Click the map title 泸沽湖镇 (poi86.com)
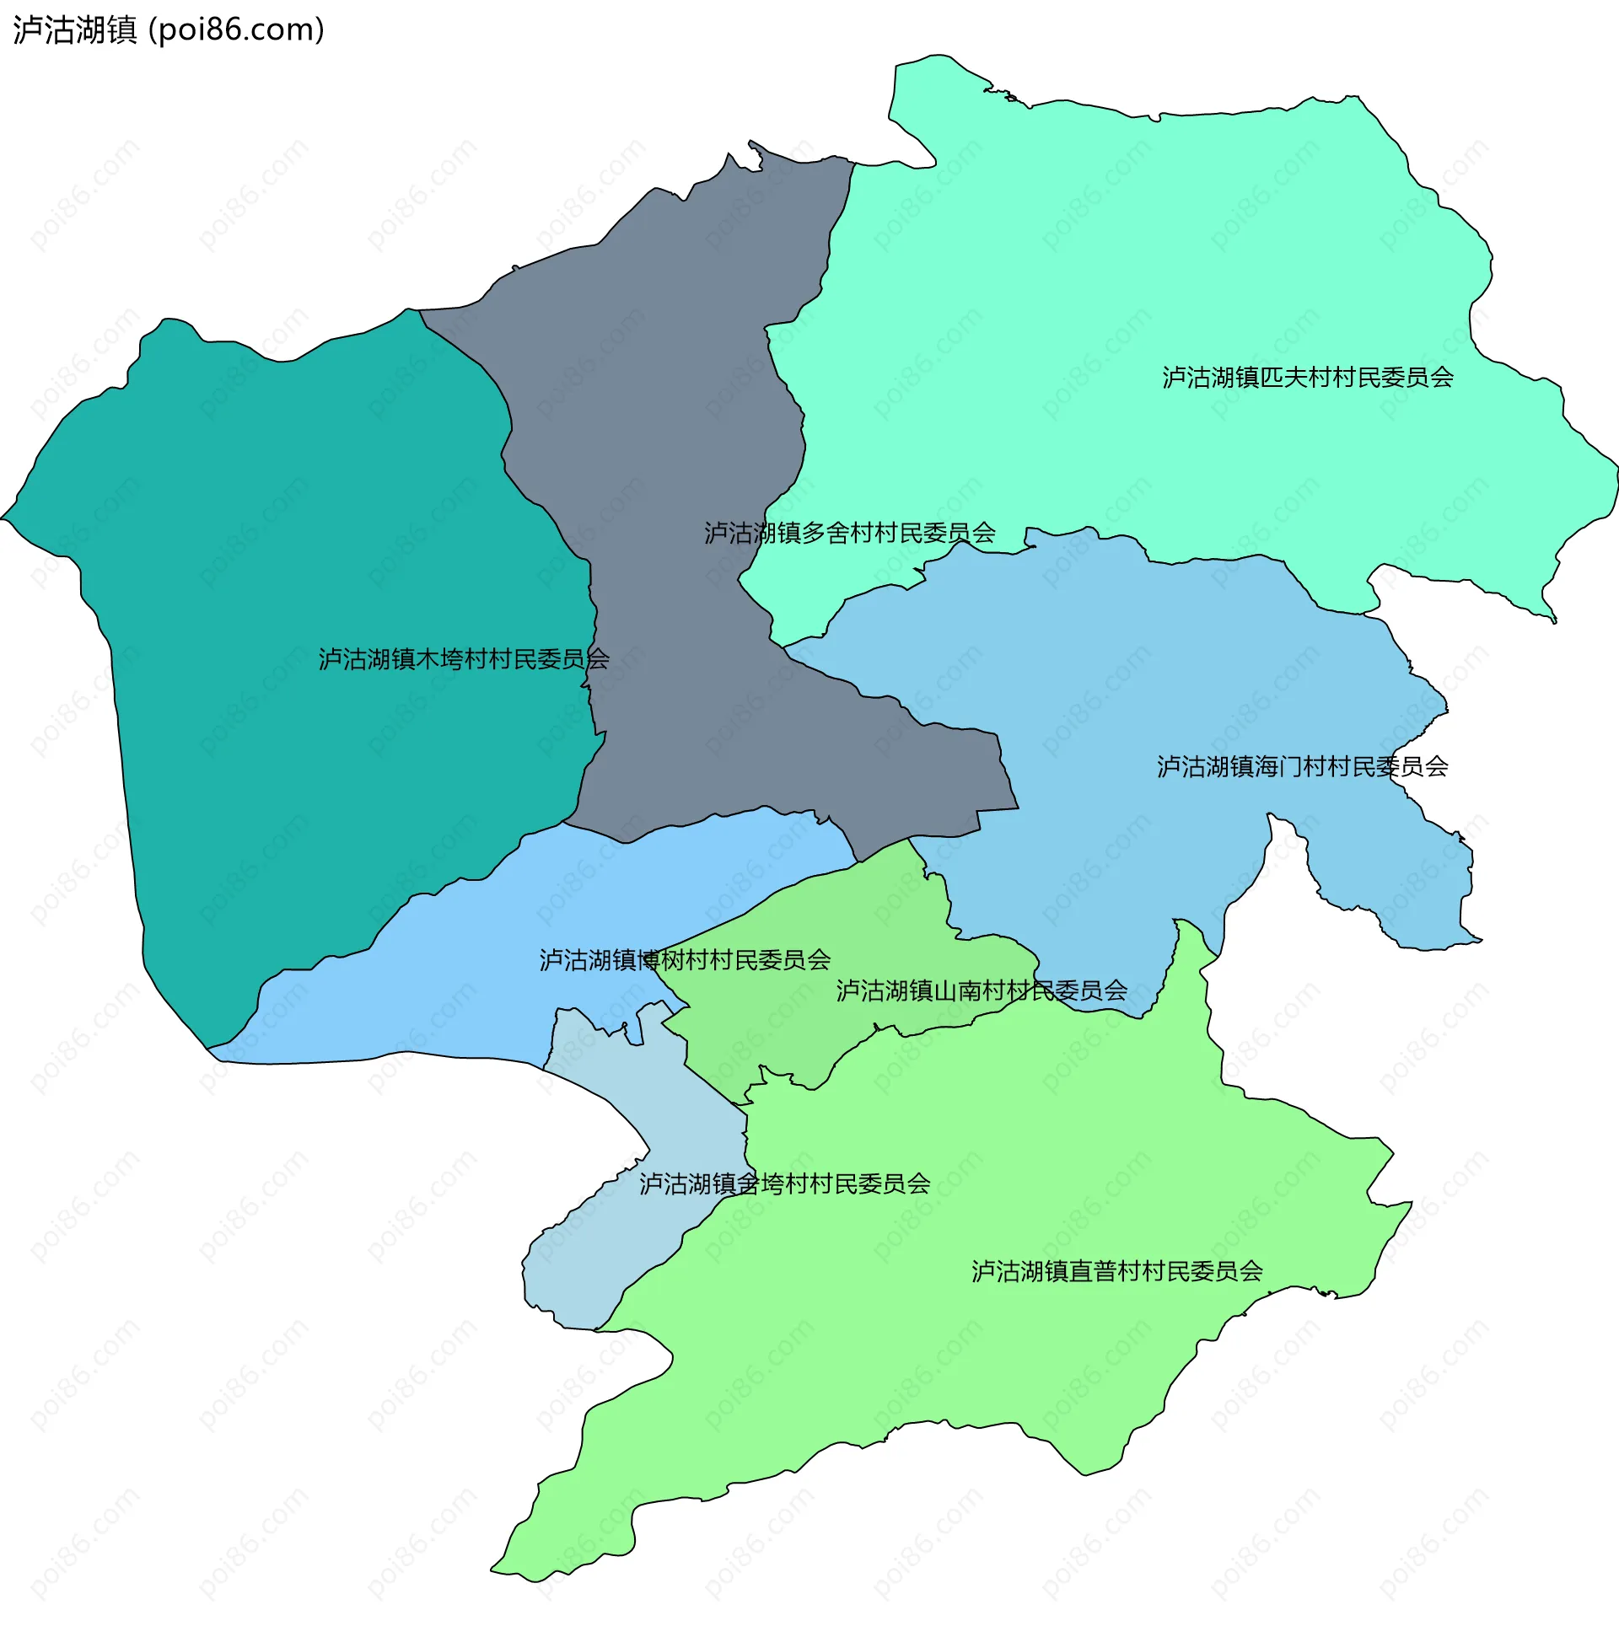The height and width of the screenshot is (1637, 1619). point(169,30)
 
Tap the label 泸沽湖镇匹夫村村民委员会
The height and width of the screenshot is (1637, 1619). point(1307,377)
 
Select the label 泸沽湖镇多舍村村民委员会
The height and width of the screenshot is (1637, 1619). point(849,532)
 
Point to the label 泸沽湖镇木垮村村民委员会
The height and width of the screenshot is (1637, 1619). point(463,658)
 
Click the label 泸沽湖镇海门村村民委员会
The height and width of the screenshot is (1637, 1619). point(1302,766)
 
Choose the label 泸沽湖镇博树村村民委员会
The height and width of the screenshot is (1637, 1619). point(685,959)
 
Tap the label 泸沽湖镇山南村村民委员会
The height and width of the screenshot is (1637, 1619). point(982,990)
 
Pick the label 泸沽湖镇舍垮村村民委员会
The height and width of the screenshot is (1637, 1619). point(784,1183)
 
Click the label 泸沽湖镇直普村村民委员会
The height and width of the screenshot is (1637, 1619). point(1116,1271)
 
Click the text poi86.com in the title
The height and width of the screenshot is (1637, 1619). point(240,30)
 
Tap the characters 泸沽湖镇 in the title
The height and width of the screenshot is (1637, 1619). point(74,30)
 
